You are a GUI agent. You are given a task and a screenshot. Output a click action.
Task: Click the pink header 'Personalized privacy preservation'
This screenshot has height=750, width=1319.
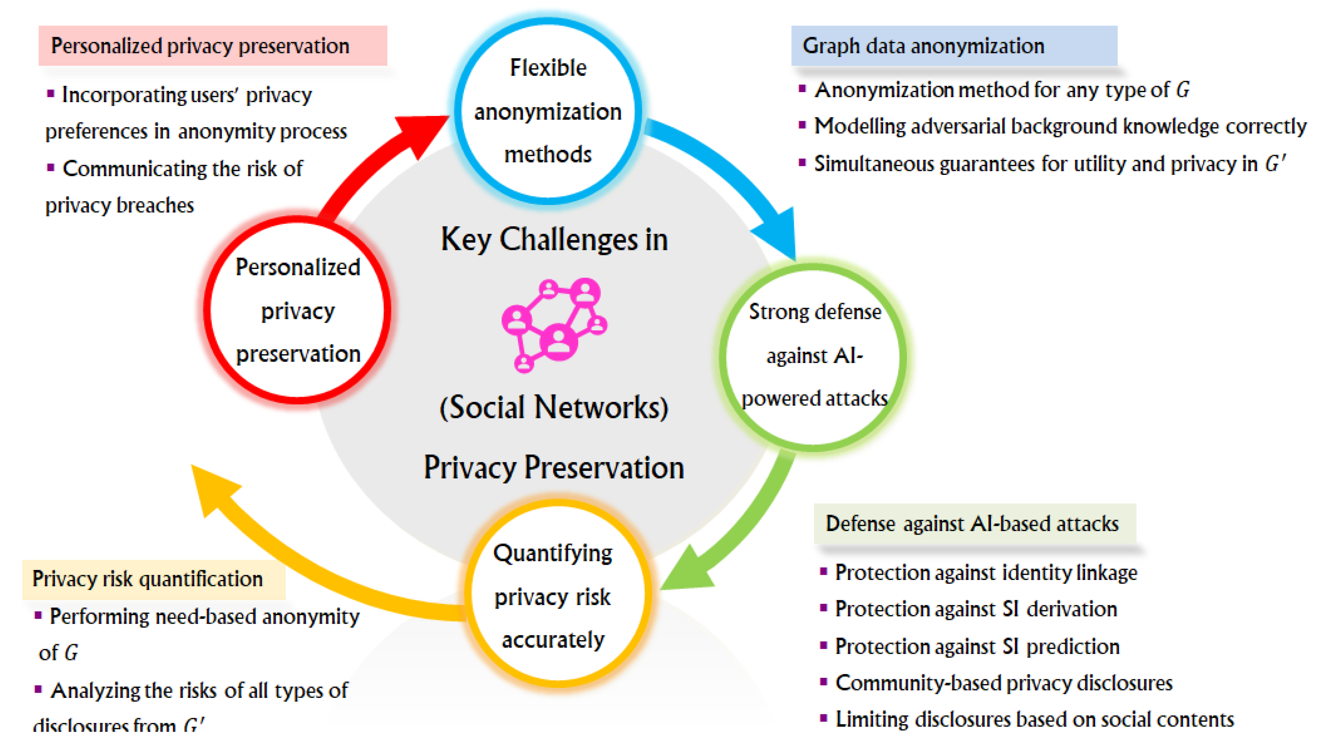(212, 46)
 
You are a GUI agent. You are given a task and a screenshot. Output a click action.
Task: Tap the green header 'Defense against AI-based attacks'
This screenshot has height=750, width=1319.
(974, 523)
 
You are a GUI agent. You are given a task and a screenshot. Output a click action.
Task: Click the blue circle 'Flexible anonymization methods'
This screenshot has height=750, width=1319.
(548, 111)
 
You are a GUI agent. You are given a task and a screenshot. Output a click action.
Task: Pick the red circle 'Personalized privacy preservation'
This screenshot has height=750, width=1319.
(297, 311)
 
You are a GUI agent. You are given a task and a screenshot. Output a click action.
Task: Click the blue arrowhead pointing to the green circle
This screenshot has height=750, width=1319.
(778, 233)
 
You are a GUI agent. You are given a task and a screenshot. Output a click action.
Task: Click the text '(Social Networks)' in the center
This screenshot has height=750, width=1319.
(554, 408)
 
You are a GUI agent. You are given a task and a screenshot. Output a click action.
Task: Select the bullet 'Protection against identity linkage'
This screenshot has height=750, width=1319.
(985, 573)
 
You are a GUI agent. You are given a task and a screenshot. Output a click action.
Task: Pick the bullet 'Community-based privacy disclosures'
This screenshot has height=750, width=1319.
(1003, 683)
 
